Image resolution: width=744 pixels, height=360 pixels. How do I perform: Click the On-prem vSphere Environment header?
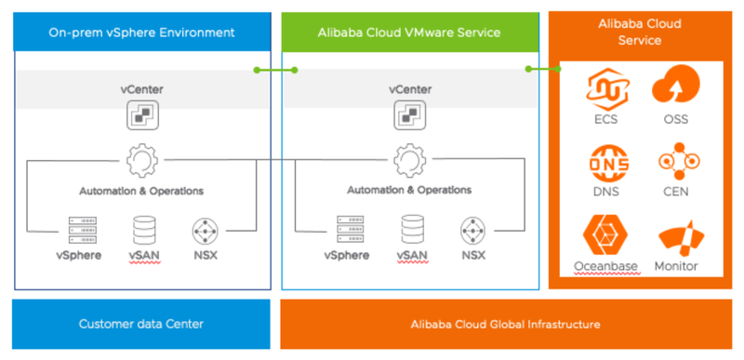pyautogui.click(x=141, y=33)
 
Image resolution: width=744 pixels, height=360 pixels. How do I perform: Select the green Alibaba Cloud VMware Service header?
pyautogui.click(x=410, y=33)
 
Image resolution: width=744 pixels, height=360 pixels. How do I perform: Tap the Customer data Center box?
pyautogui.click(x=141, y=324)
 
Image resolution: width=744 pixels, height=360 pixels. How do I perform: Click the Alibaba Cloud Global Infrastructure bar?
pyautogui.click(x=506, y=324)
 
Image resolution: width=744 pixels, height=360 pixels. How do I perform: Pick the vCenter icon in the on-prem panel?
pyautogui.click(x=141, y=115)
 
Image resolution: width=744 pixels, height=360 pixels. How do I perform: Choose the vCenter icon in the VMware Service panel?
pyautogui.click(x=410, y=115)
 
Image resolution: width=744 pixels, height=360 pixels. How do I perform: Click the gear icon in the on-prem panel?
pyautogui.click(x=141, y=161)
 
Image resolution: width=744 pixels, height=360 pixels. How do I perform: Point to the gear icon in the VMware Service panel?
pyautogui.click(x=410, y=161)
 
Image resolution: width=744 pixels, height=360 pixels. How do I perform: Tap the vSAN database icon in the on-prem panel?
pyautogui.click(x=145, y=229)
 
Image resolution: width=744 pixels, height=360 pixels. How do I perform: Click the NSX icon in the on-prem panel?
pyautogui.click(x=205, y=229)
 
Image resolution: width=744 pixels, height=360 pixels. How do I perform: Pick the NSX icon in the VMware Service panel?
pyautogui.click(x=472, y=229)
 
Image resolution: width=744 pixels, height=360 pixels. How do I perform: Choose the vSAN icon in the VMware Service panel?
pyautogui.click(x=413, y=229)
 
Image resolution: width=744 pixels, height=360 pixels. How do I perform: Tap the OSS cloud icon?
pyautogui.click(x=677, y=89)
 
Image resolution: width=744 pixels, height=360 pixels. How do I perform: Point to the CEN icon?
pyautogui.click(x=677, y=163)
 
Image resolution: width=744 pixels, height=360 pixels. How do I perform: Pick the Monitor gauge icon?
pyautogui.click(x=677, y=238)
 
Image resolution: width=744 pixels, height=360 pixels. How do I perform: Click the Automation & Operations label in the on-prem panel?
pyautogui.click(x=141, y=191)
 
